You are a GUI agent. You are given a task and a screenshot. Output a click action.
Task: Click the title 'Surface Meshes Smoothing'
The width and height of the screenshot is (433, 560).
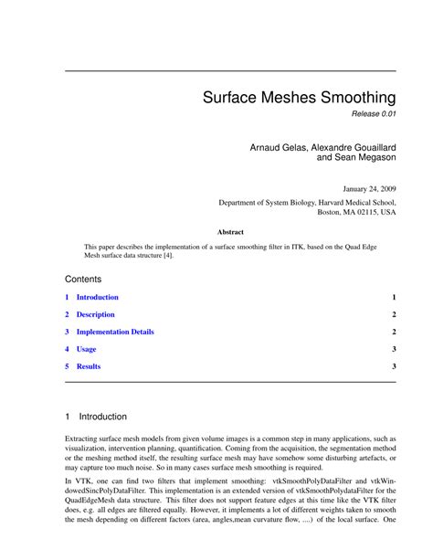[x=299, y=96]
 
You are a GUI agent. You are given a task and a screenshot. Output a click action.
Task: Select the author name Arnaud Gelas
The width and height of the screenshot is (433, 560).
[x=279, y=146]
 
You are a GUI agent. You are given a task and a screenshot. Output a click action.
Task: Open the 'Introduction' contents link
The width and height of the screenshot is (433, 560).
[x=97, y=298]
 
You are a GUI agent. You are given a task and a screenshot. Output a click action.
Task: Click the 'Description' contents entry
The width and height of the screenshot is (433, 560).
[x=95, y=315]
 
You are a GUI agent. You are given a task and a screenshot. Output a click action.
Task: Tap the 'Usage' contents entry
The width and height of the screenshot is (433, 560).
[x=86, y=349]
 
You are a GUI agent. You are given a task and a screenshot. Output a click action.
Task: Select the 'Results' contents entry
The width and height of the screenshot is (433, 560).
[x=89, y=366]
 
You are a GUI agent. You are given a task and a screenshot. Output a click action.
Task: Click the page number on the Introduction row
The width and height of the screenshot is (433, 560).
[x=394, y=298]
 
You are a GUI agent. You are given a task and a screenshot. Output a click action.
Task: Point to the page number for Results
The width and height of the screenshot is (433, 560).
[x=394, y=366]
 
